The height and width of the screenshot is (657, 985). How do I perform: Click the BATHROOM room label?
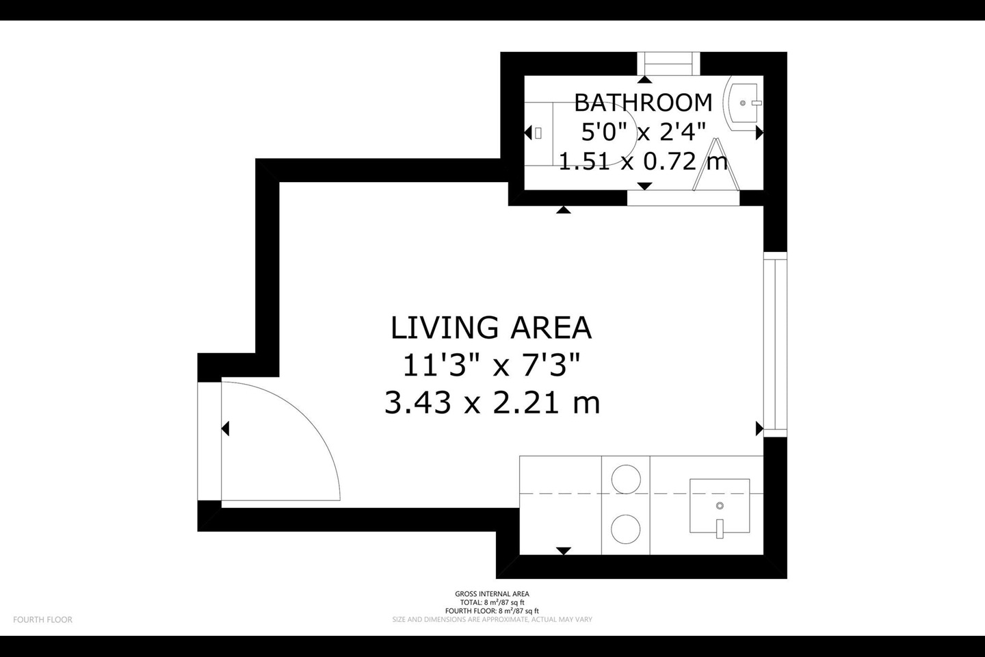(643, 103)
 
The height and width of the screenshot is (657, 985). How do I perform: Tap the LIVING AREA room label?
(490, 328)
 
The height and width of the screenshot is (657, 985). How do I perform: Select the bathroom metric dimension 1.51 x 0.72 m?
(643, 162)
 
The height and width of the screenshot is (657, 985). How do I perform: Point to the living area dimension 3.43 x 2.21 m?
(492, 402)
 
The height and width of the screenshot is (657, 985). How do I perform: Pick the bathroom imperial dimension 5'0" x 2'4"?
(643, 131)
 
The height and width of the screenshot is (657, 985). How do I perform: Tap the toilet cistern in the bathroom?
(538, 133)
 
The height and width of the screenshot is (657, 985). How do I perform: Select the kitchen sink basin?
(719, 506)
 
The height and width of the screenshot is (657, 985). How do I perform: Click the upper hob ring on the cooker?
(626, 478)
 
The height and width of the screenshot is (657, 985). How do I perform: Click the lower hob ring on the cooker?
(626, 528)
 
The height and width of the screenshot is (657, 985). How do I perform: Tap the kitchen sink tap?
(720, 528)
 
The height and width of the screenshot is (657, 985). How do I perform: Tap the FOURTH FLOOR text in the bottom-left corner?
(42, 620)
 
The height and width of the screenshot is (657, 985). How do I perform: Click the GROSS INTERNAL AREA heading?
(492, 594)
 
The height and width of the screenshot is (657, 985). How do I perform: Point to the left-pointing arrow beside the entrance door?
(225, 429)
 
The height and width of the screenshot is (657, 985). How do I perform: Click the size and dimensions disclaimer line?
(492, 619)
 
